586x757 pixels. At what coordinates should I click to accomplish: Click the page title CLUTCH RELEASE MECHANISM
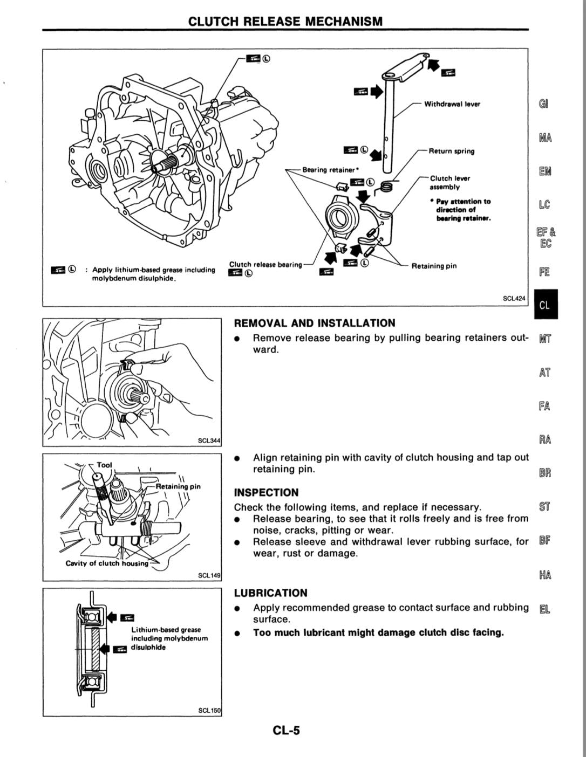(x=285, y=22)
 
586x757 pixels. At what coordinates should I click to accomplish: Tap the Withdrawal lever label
(x=452, y=104)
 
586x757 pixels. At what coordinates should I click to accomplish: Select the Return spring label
(x=452, y=151)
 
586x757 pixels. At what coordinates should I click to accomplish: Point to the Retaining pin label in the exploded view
(x=434, y=266)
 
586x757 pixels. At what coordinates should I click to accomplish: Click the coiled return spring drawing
(x=385, y=188)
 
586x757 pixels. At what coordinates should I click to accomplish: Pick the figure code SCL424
(x=514, y=298)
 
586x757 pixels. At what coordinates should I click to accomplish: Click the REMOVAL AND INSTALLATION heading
(x=315, y=323)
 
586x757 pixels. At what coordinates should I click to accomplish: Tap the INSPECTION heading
(x=267, y=493)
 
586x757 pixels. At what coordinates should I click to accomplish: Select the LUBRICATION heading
(x=270, y=593)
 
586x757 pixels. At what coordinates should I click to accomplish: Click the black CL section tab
(x=546, y=304)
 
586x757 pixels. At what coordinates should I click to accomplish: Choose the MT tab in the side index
(x=545, y=339)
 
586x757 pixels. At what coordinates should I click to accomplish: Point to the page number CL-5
(x=286, y=730)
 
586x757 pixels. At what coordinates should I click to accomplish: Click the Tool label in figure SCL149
(x=104, y=465)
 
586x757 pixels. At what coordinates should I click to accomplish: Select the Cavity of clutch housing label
(x=107, y=563)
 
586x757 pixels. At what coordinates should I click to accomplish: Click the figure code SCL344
(x=209, y=441)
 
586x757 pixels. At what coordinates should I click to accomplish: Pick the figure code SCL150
(x=209, y=710)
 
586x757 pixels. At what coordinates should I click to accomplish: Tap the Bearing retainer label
(x=330, y=170)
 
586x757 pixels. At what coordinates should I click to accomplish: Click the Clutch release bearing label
(x=265, y=264)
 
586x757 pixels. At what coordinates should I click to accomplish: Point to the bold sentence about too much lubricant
(x=379, y=632)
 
